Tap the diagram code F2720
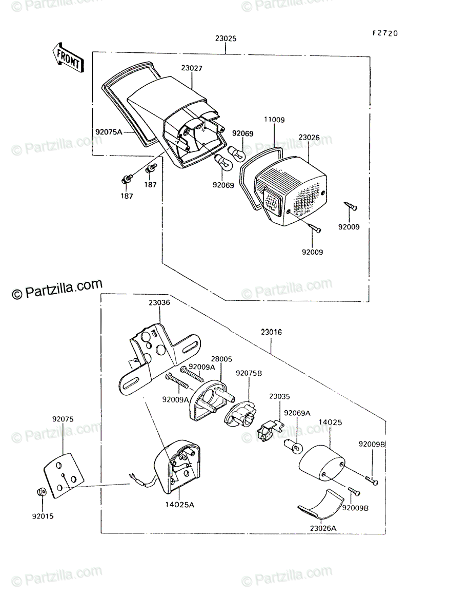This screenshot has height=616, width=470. [385, 33]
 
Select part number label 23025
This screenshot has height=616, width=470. [226, 38]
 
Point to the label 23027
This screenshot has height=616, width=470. [192, 68]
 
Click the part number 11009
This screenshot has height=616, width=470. [274, 120]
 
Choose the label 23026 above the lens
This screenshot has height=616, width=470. [309, 138]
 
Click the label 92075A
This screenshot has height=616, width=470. [109, 132]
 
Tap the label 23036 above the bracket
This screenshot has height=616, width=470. [159, 303]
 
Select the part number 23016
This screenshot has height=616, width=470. [272, 332]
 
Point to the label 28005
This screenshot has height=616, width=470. [221, 359]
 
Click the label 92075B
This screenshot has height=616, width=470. [249, 373]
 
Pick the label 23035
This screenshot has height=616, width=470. [279, 396]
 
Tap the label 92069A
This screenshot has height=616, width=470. [297, 413]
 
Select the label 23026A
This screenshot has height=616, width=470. [323, 528]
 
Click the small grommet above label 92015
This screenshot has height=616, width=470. [42, 492]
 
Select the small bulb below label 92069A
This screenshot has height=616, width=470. [293, 446]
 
